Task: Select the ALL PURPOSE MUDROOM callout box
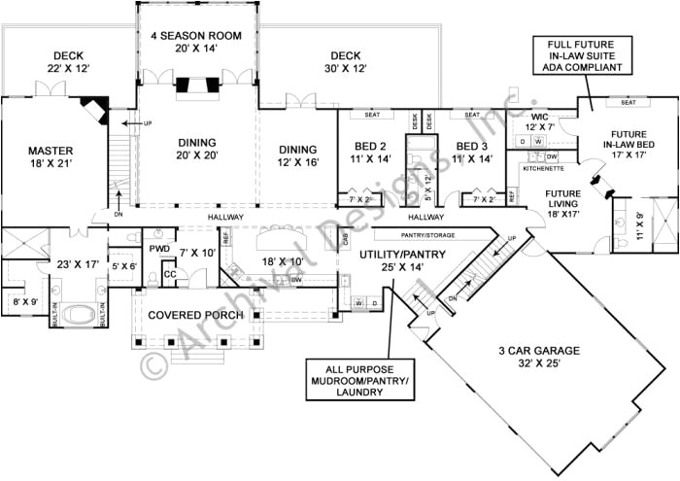(x=358, y=380)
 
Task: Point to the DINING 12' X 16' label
(x=297, y=155)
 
